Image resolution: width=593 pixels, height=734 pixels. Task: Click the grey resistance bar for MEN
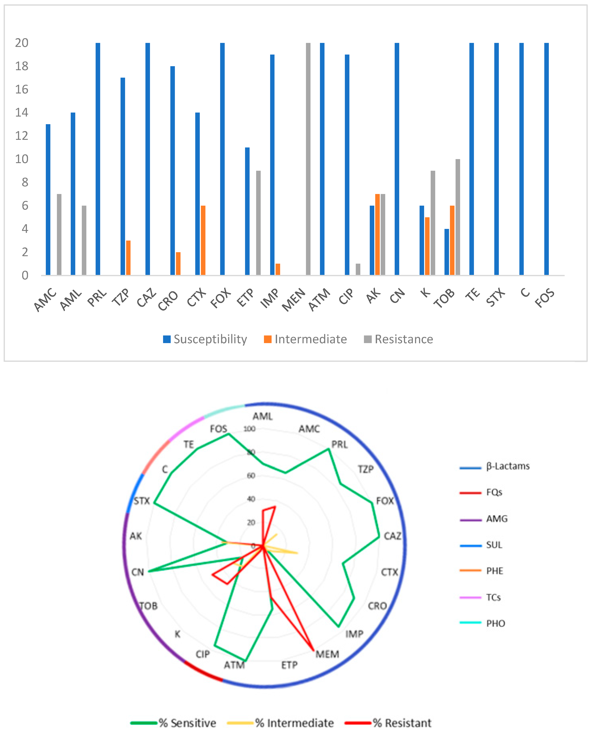tap(308, 159)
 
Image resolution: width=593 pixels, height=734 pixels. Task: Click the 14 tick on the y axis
tap(21, 112)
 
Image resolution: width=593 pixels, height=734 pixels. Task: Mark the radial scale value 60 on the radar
tap(251, 475)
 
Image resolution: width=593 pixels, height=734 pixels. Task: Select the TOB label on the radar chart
tap(149, 606)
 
